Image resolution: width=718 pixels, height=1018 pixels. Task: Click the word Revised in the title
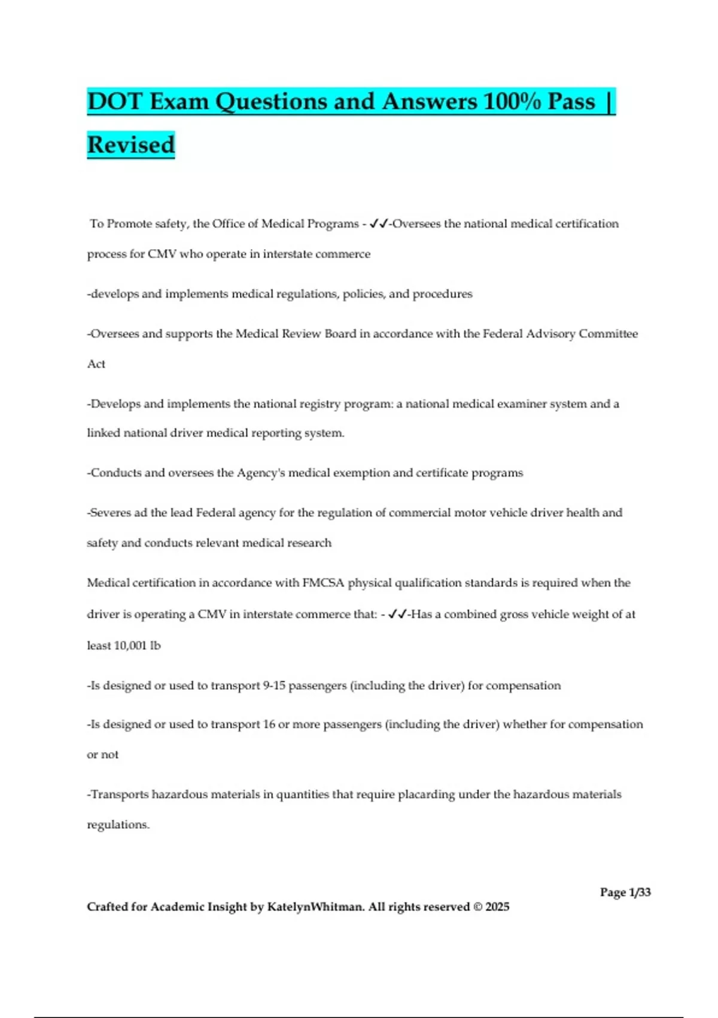click(131, 145)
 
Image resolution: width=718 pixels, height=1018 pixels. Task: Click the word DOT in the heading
click(115, 101)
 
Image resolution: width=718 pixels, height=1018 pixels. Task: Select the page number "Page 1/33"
click(625, 892)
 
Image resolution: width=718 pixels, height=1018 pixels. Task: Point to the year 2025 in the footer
click(497, 907)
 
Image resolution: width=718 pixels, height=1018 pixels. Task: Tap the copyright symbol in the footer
click(477, 907)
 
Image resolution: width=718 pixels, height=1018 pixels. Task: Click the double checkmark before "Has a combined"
click(397, 614)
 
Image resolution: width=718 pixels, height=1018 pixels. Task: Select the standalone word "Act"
click(96, 364)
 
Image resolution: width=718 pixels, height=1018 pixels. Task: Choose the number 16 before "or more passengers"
click(269, 725)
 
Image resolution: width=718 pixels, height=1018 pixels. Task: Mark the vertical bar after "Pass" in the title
click(609, 101)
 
